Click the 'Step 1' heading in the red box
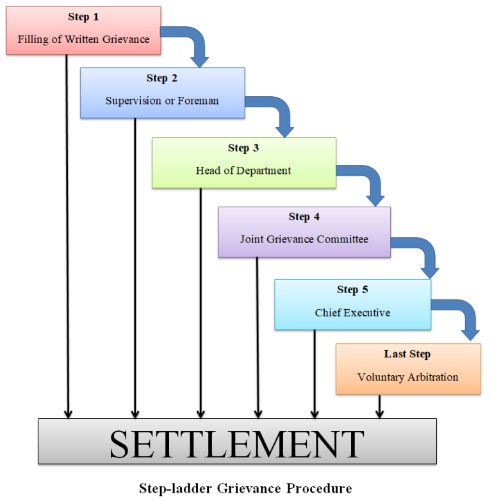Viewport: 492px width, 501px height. coord(83,17)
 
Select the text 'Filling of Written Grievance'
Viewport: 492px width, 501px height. coord(83,40)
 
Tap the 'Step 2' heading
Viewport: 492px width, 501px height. coord(162,78)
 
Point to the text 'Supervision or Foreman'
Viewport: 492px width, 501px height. coord(162,101)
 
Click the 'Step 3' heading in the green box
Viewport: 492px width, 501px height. coord(243,148)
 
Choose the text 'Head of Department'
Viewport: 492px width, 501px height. coord(243,171)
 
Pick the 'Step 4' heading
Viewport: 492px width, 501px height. coord(304,217)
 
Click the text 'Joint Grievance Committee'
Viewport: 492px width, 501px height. coord(304,239)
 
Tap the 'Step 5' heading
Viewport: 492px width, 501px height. coord(352,290)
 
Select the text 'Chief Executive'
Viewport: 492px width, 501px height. coord(352,313)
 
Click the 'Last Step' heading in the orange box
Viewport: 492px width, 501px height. coord(407,354)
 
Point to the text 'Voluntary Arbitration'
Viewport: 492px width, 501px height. coord(407,377)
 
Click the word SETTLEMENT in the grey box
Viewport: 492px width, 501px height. coord(237,443)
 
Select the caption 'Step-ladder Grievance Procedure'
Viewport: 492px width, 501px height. coord(245,488)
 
